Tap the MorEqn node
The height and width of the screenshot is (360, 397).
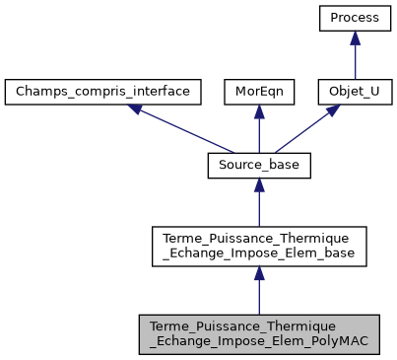point(258,93)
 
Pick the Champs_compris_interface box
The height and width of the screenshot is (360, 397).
point(103,93)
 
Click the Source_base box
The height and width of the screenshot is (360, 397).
point(258,167)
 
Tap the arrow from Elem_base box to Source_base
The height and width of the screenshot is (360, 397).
point(258,207)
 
